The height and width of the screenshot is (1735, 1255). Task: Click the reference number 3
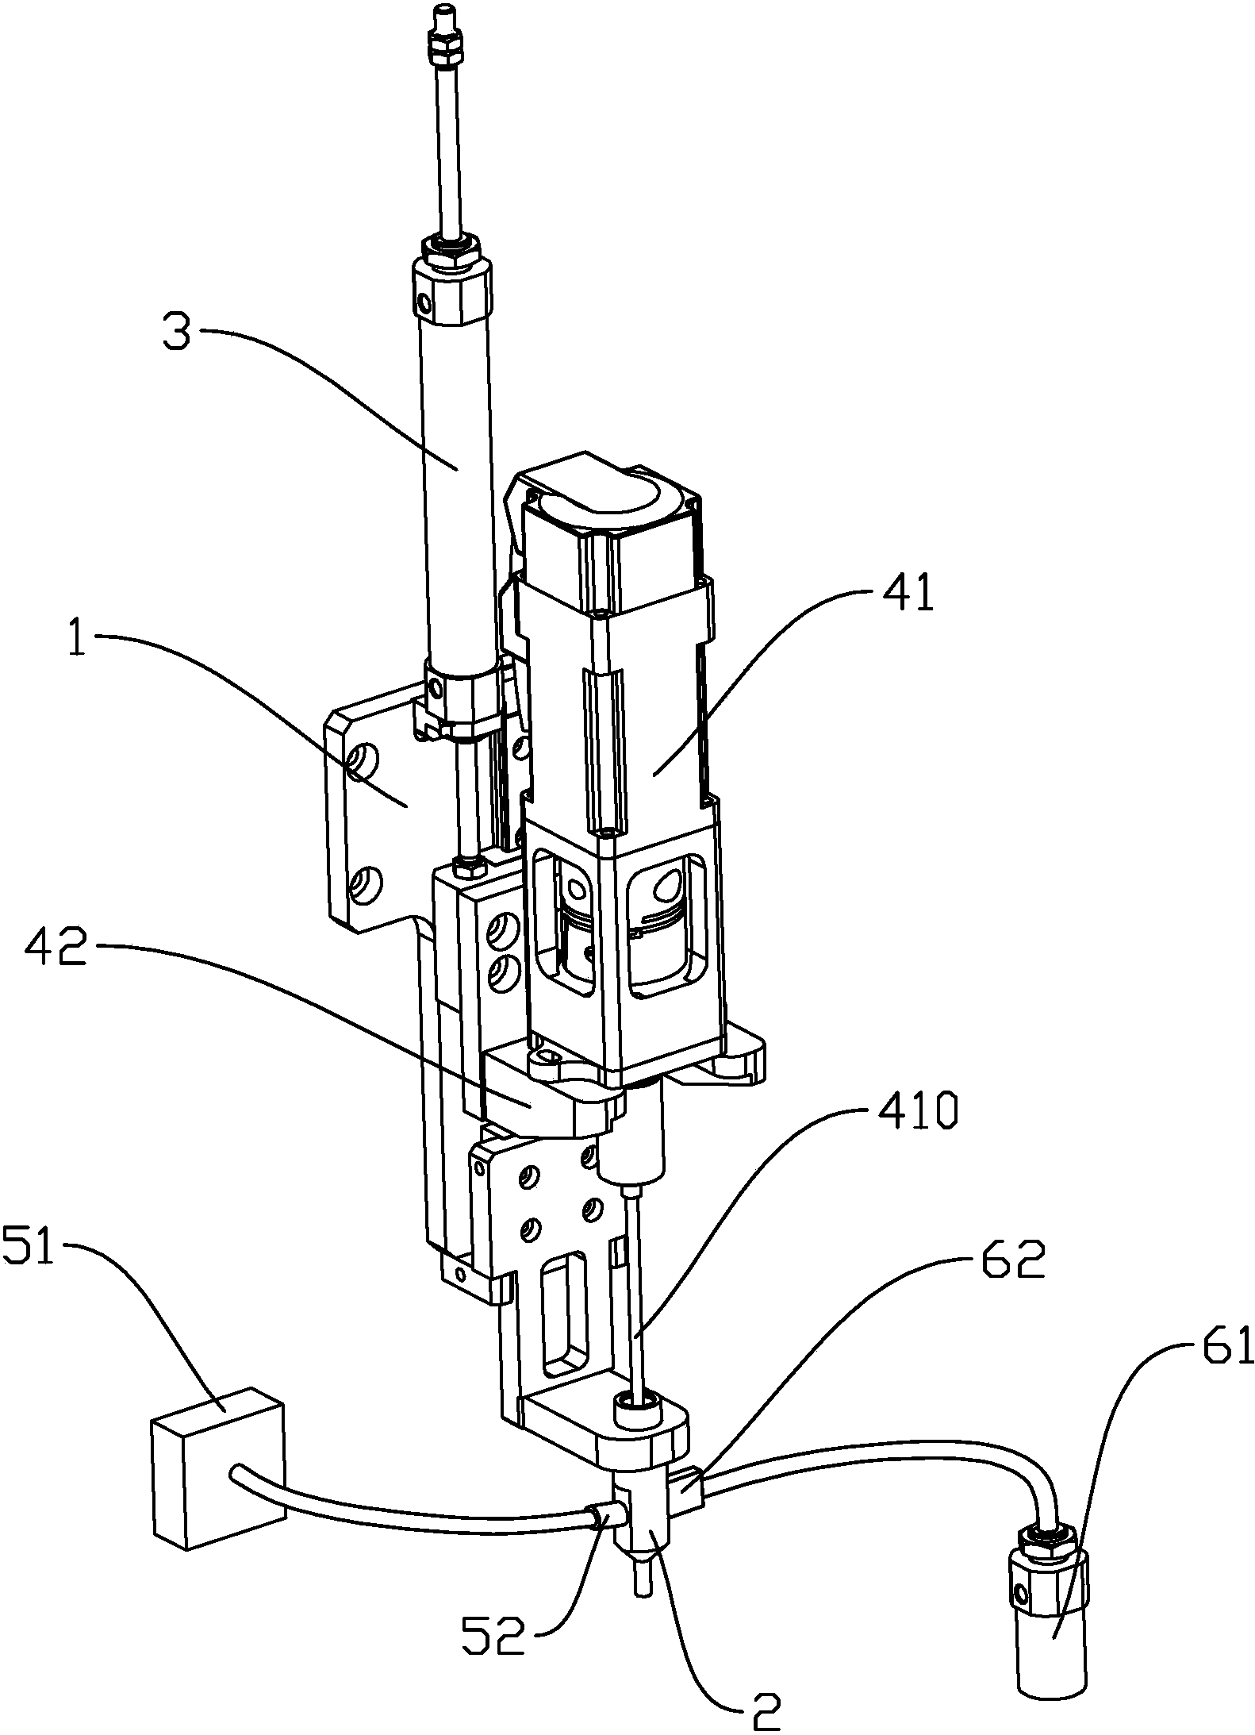[x=177, y=333]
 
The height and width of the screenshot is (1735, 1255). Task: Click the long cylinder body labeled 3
[x=456, y=492]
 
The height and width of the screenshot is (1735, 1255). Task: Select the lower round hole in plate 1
[x=365, y=883]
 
